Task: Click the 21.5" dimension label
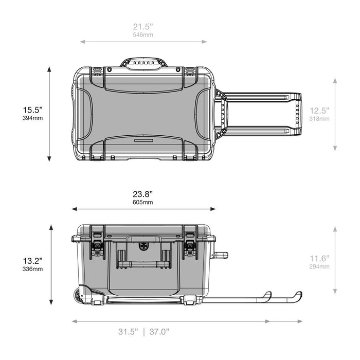pos(143,27)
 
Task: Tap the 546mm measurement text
pos(143,34)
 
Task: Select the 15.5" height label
pos(32,110)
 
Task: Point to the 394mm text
pos(32,118)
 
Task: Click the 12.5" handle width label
pos(319,111)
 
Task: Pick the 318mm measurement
pos(319,119)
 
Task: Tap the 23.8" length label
pos(143,194)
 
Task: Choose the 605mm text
pos(143,202)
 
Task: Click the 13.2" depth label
pos(32,261)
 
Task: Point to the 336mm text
pos(32,269)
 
